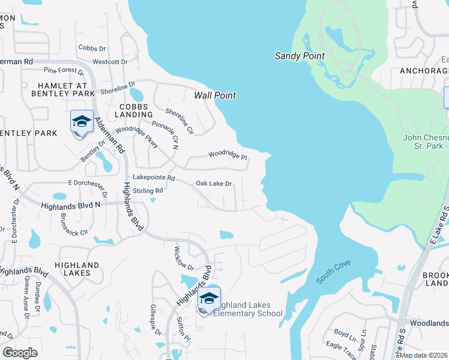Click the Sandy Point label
pos(300,56)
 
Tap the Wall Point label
pos(215,95)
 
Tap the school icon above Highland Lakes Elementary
pos(209,299)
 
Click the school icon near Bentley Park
pos(82,122)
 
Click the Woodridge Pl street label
pos(228,154)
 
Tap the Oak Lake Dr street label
pos(214,184)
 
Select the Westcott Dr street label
pos(110,61)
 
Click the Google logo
pos(20,353)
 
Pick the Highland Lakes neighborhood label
pos(77,269)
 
